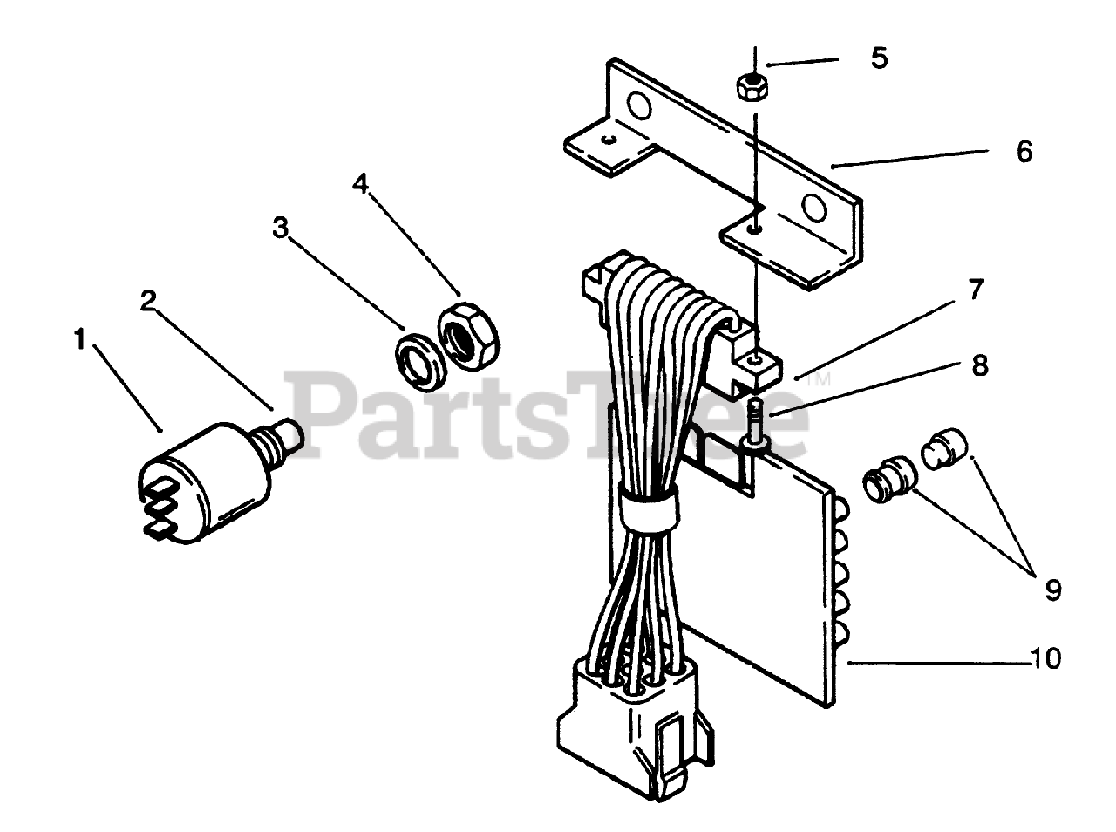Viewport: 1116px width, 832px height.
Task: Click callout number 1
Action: [80, 339]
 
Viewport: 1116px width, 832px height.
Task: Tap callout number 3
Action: [279, 228]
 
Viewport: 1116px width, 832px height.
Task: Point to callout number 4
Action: [361, 184]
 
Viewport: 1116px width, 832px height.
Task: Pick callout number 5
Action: [879, 58]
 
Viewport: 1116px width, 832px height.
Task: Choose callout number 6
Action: [1024, 152]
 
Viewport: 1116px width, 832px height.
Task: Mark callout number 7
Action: [976, 290]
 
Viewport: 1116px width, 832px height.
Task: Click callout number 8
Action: [980, 365]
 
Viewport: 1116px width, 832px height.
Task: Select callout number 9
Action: [1053, 590]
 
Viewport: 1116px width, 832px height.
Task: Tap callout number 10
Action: [1046, 658]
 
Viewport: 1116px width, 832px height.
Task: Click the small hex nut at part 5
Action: [752, 87]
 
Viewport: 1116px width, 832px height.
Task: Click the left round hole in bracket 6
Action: [639, 106]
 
